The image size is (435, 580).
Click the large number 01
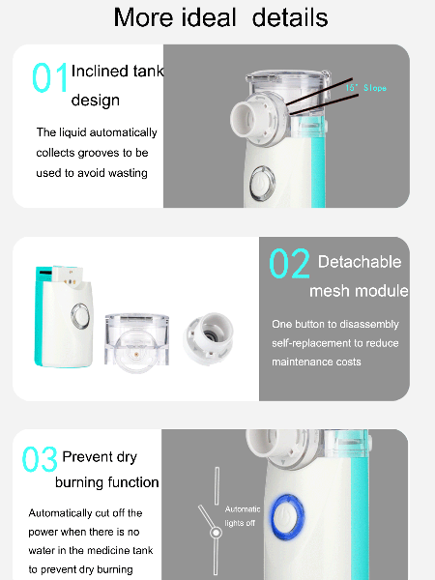(x=50, y=78)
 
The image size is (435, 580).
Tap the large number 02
(x=289, y=264)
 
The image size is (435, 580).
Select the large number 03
(x=40, y=460)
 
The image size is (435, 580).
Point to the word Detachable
(x=360, y=262)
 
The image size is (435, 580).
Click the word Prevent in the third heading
(x=86, y=457)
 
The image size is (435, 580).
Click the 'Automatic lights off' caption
(x=243, y=515)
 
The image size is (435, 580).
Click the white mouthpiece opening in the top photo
(x=246, y=122)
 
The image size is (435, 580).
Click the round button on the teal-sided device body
(x=80, y=315)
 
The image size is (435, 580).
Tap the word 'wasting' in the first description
(x=126, y=173)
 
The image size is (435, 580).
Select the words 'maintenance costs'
(x=317, y=362)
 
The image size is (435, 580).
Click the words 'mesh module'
(x=359, y=291)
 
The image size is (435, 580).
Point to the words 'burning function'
(x=107, y=482)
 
